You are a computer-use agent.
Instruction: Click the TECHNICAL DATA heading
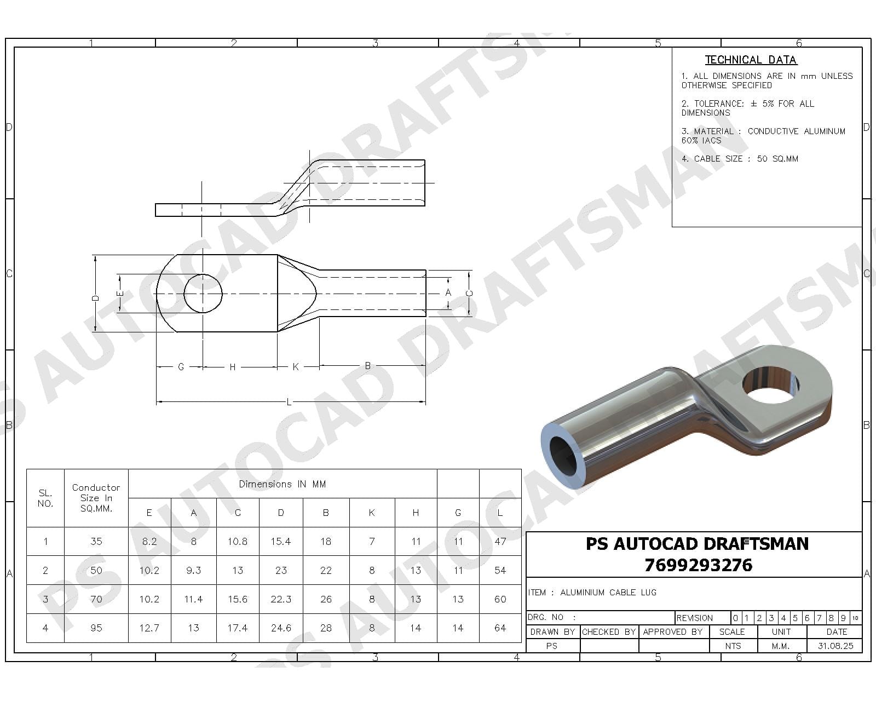pyautogui.click(x=751, y=60)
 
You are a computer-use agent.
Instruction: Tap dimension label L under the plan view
pyautogui.click(x=289, y=403)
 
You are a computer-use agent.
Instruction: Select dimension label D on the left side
pyautogui.click(x=95, y=298)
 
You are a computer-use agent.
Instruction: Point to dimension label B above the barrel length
pyautogui.click(x=368, y=365)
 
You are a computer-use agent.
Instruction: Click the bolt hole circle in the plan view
pyautogui.click(x=203, y=294)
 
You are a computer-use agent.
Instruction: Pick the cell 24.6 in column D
pyautogui.click(x=281, y=628)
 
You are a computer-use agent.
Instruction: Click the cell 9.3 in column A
pyautogui.click(x=193, y=570)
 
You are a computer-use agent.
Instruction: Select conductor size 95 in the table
pyautogui.click(x=96, y=628)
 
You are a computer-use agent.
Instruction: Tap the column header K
pyautogui.click(x=372, y=513)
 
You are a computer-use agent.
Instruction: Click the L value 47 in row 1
pyautogui.click(x=500, y=542)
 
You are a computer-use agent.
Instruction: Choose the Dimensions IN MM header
pyautogui.click(x=282, y=484)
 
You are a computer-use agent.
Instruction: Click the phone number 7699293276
pyautogui.click(x=698, y=565)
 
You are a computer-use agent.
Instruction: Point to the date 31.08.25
pyautogui.click(x=835, y=646)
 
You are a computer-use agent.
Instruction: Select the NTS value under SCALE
pyautogui.click(x=733, y=646)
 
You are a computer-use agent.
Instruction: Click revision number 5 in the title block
pyautogui.click(x=795, y=618)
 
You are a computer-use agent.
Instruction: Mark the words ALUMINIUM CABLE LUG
pyautogui.click(x=608, y=593)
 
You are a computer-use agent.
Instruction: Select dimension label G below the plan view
pyautogui.click(x=181, y=367)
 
